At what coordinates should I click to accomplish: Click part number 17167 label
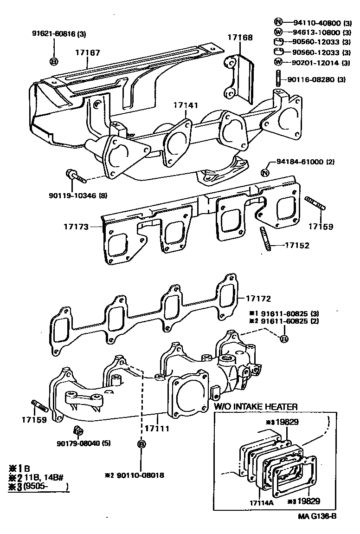[x=88, y=53]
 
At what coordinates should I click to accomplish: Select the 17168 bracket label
[x=240, y=38]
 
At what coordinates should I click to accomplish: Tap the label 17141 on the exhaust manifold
[x=186, y=105]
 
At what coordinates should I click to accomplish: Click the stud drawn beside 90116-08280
[x=278, y=78]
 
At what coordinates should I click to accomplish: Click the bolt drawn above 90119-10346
[x=76, y=177]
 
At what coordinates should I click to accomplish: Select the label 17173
[x=77, y=227]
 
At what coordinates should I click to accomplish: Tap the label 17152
[x=297, y=245]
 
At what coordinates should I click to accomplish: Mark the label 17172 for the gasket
[x=258, y=299]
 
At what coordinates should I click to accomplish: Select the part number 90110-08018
[x=140, y=475]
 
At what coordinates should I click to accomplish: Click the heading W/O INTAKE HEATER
[x=256, y=407]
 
